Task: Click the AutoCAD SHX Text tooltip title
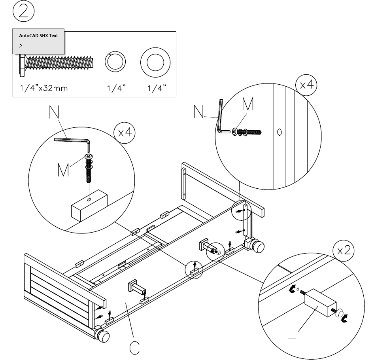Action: (x=38, y=36)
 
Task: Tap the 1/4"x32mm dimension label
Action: (x=44, y=88)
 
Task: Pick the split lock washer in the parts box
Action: (x=115, y=62)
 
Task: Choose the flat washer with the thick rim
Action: (x=155, y=62)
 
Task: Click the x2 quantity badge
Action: (x=343, y=250)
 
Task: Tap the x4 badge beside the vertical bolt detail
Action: (x=125, y=133)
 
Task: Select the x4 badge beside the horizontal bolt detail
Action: (x=306, y=86)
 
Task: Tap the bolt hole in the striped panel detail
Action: (x=280, y=132)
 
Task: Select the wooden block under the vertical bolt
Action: (x=89, y=206)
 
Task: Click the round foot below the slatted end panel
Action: (x=103, y=337)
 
